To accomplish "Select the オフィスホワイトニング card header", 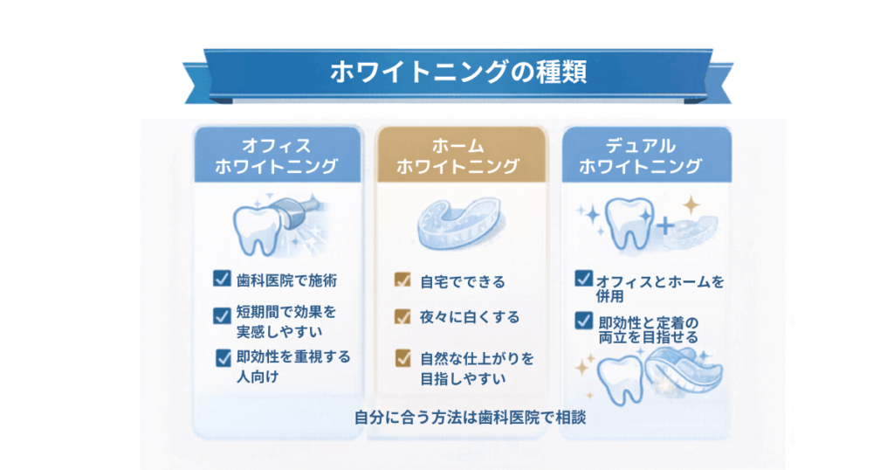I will pos(276,156).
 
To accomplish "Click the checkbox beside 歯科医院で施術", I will pos(221,280).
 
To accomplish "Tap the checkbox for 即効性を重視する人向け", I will pos(223,356).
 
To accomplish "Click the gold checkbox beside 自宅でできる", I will pos(402,280).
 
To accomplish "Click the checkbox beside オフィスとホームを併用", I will pos(583,279).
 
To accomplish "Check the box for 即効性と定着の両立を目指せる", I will pos(583,321).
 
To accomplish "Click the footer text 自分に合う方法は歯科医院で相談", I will pos(469,418).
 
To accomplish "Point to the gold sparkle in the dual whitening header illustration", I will pos(691,206).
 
